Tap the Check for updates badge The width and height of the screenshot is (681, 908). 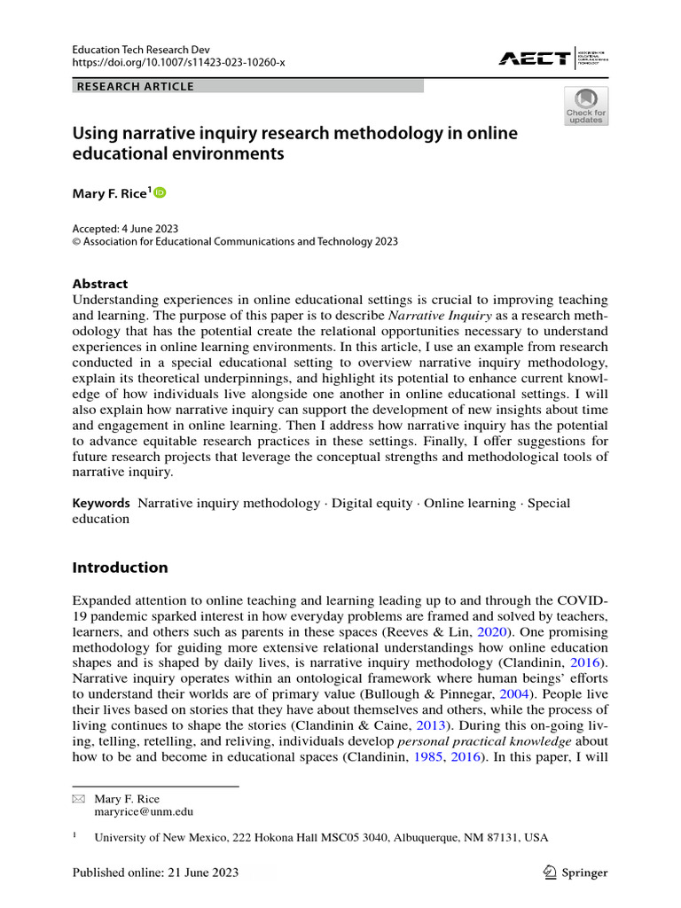(x=586, y=106)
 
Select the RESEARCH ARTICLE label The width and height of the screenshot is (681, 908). (x=136, y=86)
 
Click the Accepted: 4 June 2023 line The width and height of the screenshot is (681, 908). (x=126, y=227)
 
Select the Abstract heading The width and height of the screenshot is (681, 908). (x=99, y=284)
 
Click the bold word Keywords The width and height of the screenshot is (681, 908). (x=101, y=503)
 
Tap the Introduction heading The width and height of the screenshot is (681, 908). (x=120, y=567)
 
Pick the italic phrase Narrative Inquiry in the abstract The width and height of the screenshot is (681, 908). (x=433, y=317)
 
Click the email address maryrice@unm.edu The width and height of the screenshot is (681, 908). (x=144, y=810)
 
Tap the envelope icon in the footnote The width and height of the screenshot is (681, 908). (x=77, y=798)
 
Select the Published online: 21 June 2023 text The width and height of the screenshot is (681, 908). (x=155, y=873)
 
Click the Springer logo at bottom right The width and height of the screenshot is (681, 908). (x=575, y=873)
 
